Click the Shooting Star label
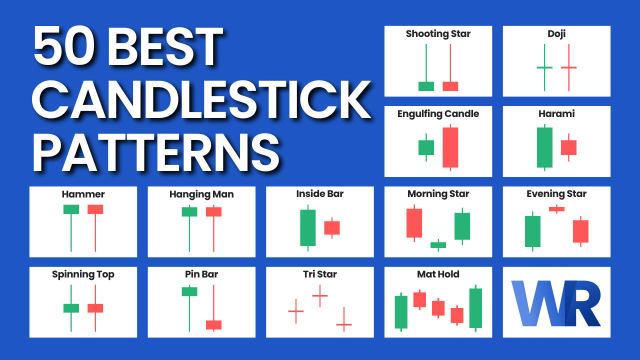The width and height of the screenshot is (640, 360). pos(438,34)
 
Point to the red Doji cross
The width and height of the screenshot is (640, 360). pos(568,67)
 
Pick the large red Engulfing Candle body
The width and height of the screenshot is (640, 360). pos(450,147)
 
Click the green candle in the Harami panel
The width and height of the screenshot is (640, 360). pos(544,147)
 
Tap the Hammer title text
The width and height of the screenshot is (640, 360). pos(83,194)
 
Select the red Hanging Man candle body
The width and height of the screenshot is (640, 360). pos(213,211)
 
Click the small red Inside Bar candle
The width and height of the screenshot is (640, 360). pos(332,227)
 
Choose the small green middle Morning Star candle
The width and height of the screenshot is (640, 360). pos(438,245)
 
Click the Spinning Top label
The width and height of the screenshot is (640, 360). pos(83,274)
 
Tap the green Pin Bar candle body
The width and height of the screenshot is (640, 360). pos(189,291)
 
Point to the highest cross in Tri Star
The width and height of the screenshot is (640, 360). pos(320,295)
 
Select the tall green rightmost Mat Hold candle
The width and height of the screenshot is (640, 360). pos(475,308)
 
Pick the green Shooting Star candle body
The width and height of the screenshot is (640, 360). pos(426,86)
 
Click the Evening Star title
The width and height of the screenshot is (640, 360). pos(556,194)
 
